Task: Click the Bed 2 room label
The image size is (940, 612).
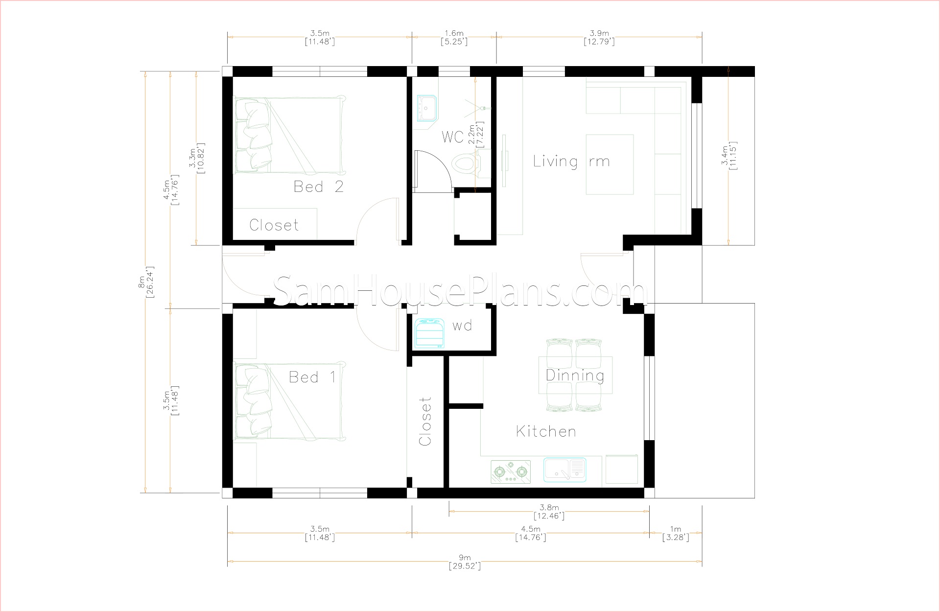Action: [318, 187]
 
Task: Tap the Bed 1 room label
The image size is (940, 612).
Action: [312, 377]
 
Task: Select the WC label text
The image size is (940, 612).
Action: [452, 137]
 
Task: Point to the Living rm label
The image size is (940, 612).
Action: [571, 161]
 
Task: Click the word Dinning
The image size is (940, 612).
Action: [575, 376]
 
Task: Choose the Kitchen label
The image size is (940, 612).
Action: [546, 431]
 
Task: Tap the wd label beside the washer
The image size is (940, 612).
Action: [462, 326]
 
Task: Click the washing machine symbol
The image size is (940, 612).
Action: [430, 333]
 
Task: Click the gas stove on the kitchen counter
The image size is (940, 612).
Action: [511, 471]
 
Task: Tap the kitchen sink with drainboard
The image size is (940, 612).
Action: [564, 469]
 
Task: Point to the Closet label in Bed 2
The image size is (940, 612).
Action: [274, 225]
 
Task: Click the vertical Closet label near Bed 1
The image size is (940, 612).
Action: [425, 421]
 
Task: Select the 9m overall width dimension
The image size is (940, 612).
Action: [465, 562]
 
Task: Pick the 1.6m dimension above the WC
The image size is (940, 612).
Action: [454, 37]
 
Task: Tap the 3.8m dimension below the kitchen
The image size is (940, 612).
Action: [549, 512]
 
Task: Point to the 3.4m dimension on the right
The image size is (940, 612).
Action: [728, 156]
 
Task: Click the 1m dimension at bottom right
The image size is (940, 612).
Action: [676, 533]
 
